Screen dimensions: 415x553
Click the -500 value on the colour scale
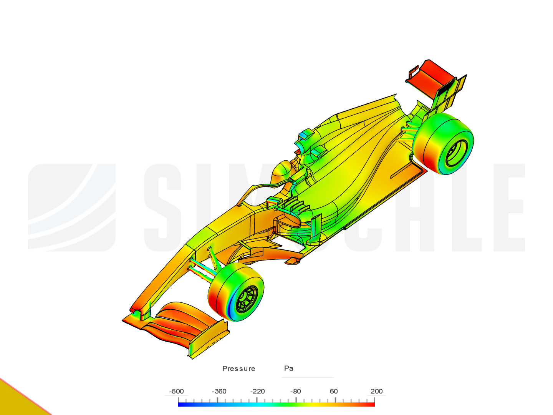pyautogui.click(x=177, y=391)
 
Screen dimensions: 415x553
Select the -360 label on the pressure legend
pyautogui.click(x=219, y=391)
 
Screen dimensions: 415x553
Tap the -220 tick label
pyautogui.click(x=257, y=391)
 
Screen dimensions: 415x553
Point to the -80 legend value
pyautogui.click(x=295, y=391)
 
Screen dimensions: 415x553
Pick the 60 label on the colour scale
pyautogui.click(x=334, y=391)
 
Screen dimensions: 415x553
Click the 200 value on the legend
pyautogui.click(x=376, y=391)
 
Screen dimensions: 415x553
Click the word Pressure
pyautogui.click(x=238, y=369)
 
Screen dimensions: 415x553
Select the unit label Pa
pyautogui.click(x=289, y=368)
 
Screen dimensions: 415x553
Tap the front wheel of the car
pyautogui.click(x=235, y=292)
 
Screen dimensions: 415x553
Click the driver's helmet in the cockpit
pyautogui.click(x=282, y=171)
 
